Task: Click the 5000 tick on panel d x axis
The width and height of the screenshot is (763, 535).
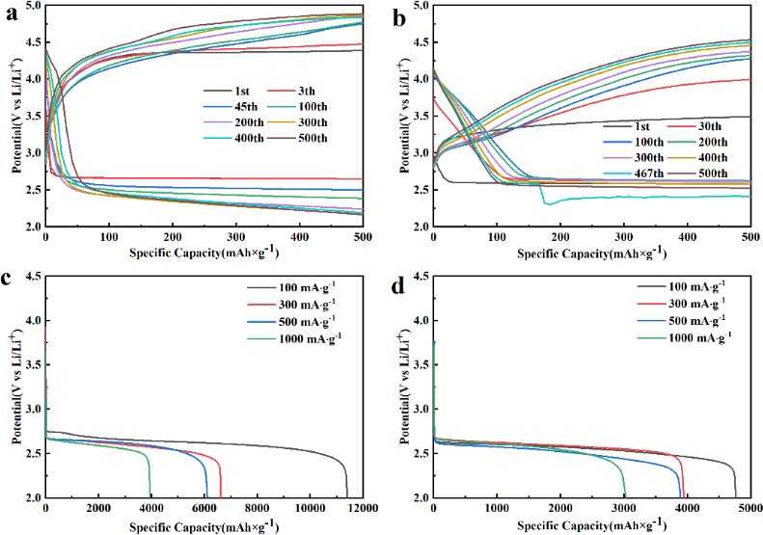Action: click(x=750, y=509)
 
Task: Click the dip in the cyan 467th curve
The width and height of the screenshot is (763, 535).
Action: click(x=549, y=202)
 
